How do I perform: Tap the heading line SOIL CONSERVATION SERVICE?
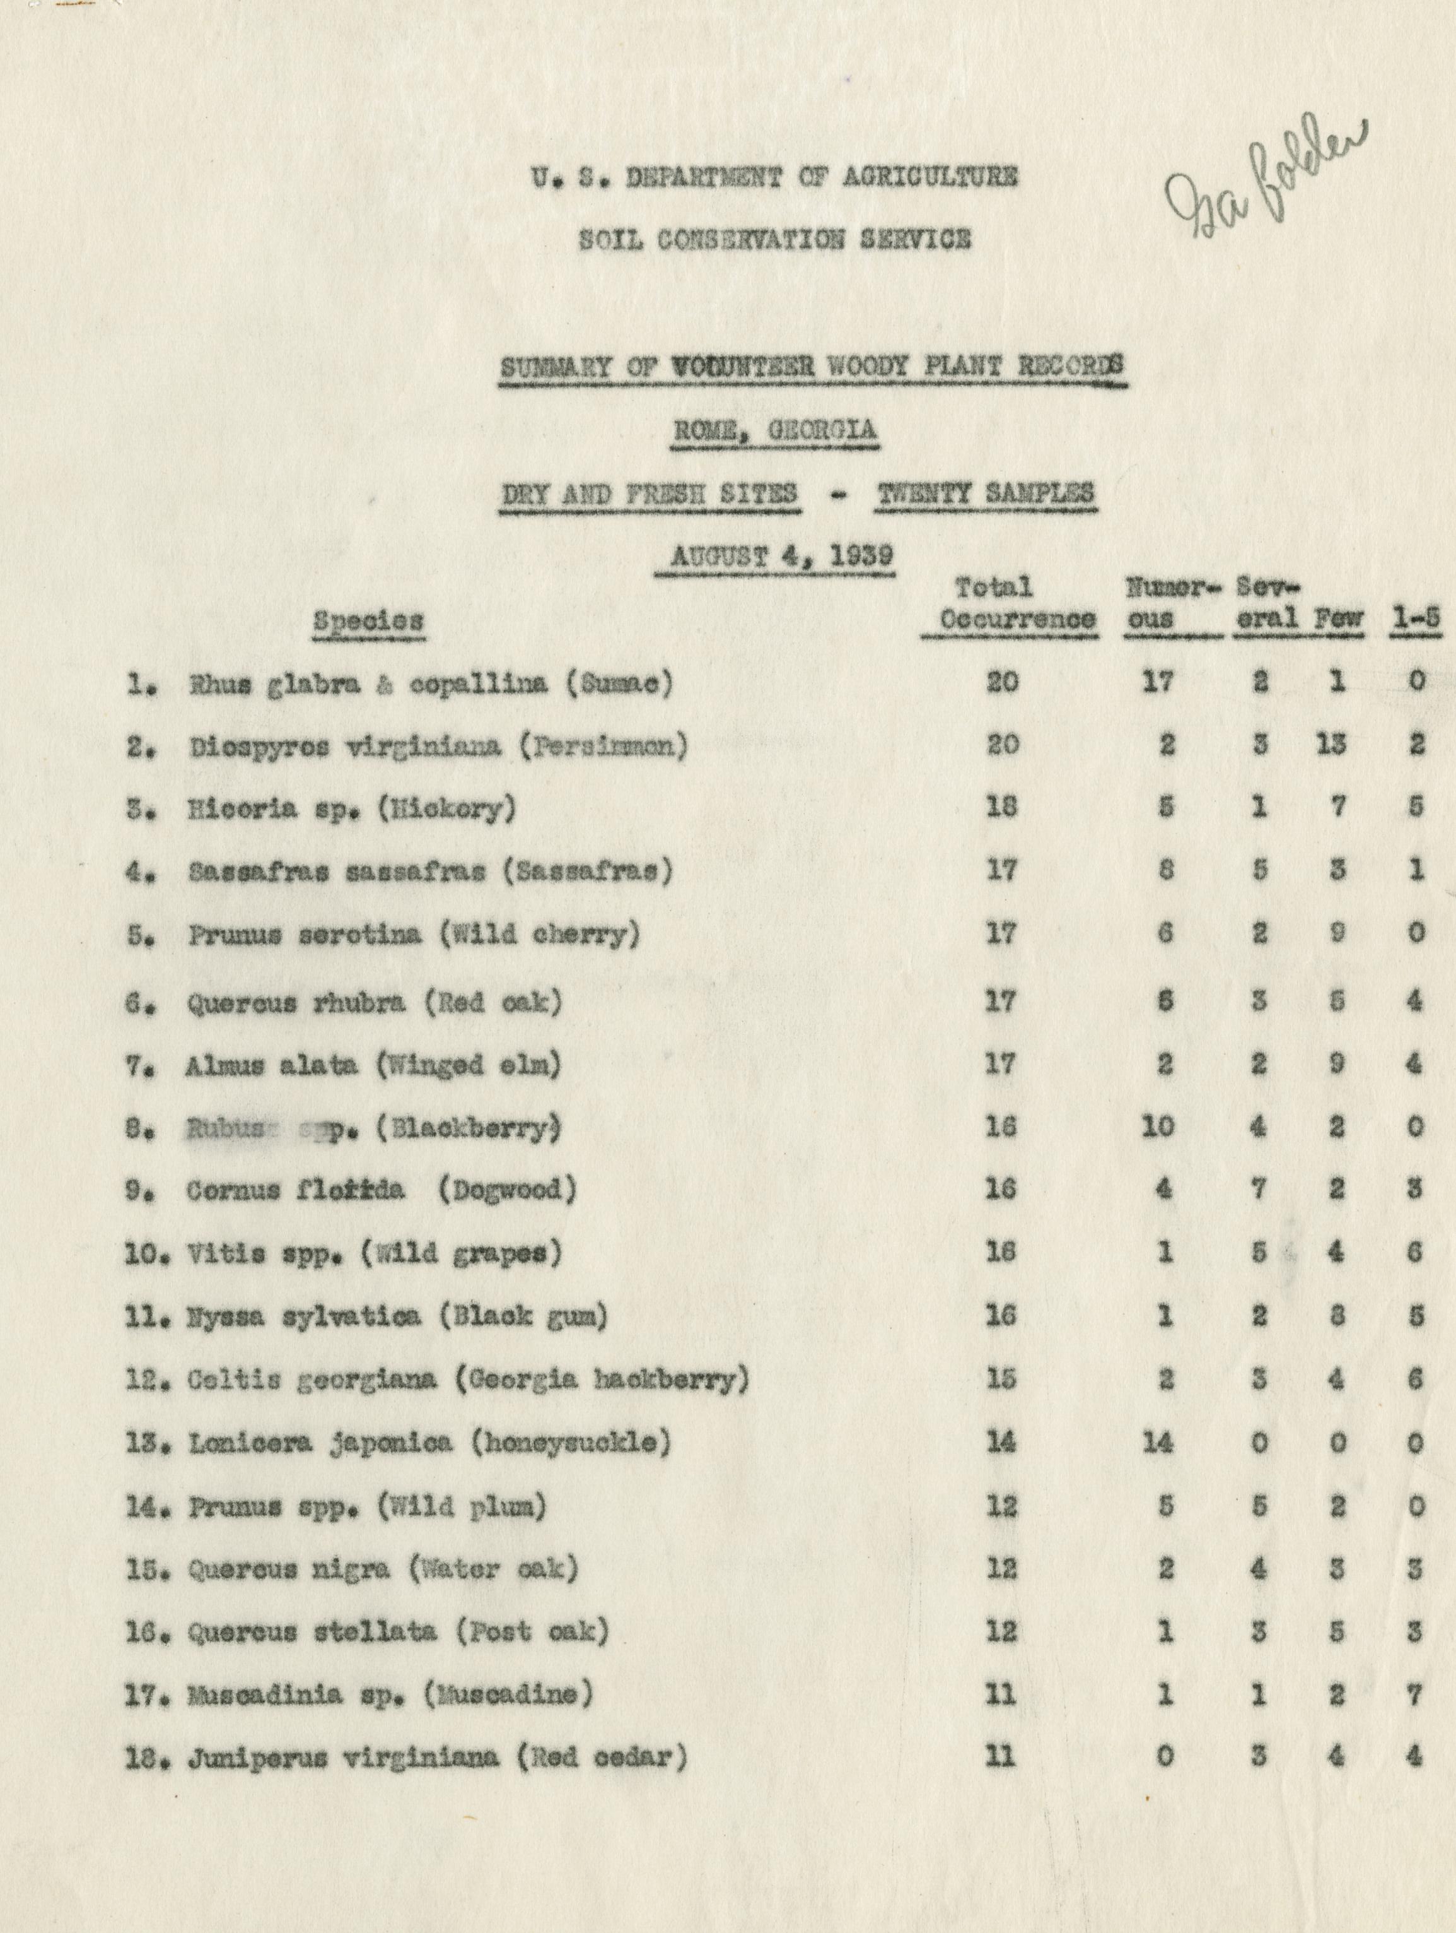point(774,239)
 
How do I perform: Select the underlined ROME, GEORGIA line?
point(774,432)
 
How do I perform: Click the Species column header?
point(369,622)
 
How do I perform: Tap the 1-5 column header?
point(1415,618)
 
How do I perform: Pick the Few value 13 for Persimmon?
point(1331,745)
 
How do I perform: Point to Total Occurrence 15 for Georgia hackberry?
point(1002,1379)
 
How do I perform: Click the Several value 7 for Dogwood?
point(1259,1190)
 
